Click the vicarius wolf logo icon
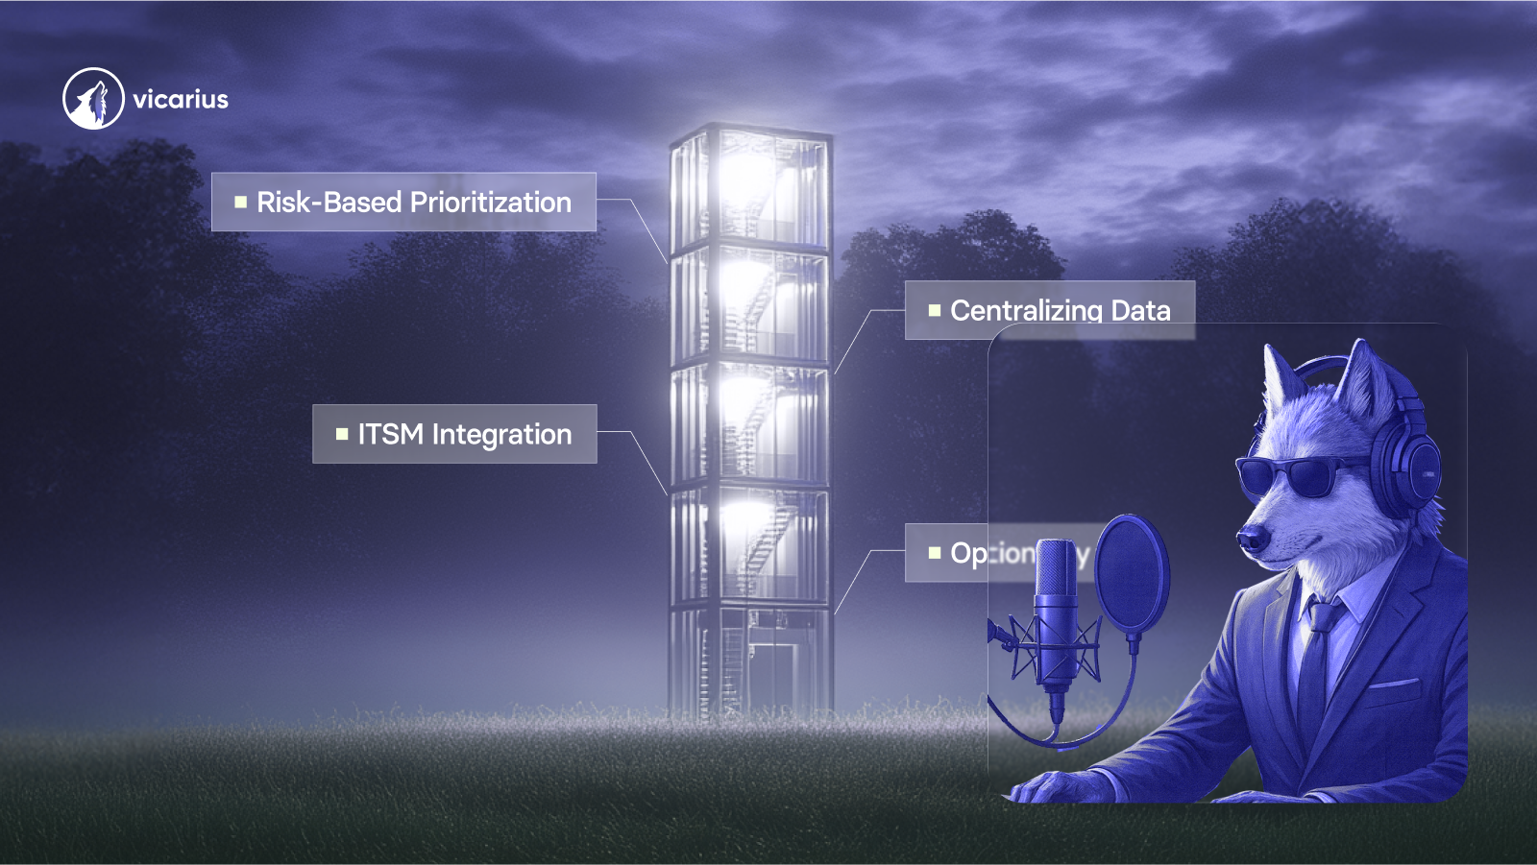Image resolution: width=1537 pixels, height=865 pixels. click(93, 98)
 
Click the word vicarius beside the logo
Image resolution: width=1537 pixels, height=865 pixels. click(181, 100)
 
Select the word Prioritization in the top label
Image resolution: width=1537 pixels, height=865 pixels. click(490, 203)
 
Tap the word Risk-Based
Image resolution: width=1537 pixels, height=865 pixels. click(329, 203)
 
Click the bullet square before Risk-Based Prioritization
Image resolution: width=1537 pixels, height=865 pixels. click(241, 203)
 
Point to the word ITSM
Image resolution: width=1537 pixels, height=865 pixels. click(390, 434)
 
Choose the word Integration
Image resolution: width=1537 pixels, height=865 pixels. click(501, 435)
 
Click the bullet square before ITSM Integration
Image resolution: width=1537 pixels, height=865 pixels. click(342, 434)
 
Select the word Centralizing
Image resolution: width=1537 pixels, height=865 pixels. click(1026, 310)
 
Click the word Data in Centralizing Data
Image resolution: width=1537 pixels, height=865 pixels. click(1141, 310)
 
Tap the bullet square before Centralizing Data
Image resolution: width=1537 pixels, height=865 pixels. click(935, 310)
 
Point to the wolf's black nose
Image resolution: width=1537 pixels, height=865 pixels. click(1252, 539)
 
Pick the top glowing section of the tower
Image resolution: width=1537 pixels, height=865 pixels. click(750, 187)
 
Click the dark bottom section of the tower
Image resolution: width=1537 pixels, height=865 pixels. click(750, 662)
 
